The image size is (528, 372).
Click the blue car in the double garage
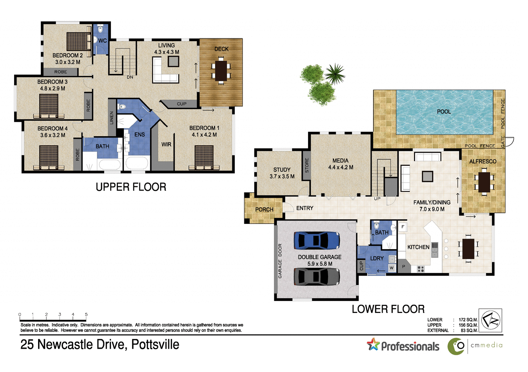point(317,240)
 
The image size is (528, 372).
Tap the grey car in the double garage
point(317,277)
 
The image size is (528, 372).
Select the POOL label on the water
point(444,112)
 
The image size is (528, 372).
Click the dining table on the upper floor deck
point(221,71)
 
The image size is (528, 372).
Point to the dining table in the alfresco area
point(484,182)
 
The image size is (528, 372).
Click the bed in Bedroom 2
point(79,42)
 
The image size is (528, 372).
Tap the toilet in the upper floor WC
point(100,29)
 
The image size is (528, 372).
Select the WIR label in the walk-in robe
point(166,145)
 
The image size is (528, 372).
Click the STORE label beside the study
point(307,165)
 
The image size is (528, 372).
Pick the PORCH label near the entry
point(264,209)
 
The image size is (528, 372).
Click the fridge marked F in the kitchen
point(403,227)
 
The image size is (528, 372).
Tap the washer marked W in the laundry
point(391,268)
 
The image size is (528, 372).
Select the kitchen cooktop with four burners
point(421,269)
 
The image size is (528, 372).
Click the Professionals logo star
point(373,344)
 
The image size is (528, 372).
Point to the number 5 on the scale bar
point(86,314)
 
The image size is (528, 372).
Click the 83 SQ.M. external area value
point(469,330)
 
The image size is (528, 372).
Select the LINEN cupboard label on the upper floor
point(112,118)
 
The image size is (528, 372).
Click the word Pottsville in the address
point(155,345)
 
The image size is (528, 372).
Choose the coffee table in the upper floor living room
point(173,62)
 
